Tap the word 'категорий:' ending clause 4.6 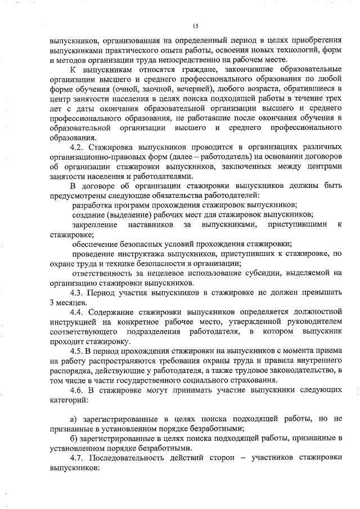coord(69,399)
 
